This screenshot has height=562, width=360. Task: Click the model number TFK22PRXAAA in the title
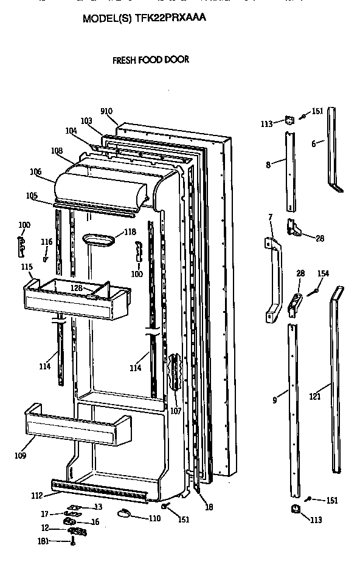pyautogui.click(x=170, y=19)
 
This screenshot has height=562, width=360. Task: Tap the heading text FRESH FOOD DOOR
pyautogui.click(x=151, y=60)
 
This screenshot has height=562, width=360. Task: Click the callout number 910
pyautogui.click(x=106, y=111)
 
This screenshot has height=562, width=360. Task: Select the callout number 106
pyautogui.click(x=35, y=172)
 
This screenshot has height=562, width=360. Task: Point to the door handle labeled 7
pyautogui.click(x=274, y=276)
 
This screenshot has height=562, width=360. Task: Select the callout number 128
pyautogui.click(x=77, y=287)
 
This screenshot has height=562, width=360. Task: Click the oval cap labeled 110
pyautogui.click(x=126, y=515)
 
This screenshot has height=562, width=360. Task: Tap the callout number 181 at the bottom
pyautogui.click(x=44, y=541)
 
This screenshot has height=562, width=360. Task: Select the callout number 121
pyautogui.click(x=314, y=397)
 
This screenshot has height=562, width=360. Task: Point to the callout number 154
pyautogui.click(x=324, y=274)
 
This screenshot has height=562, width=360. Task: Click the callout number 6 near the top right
pyautogui.click(x=314, y=144)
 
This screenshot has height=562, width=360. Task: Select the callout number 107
pyautogui.click(x=176, y=411)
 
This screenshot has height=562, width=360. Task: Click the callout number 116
pyautogui.click(x=47, y=242)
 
